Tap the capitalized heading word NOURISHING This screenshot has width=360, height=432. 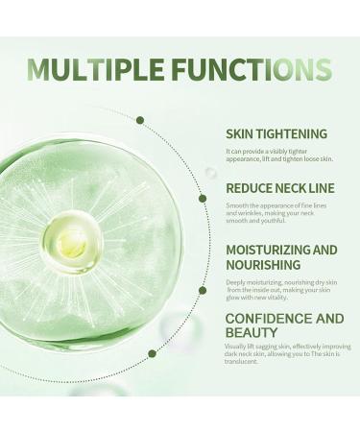[x=263, y=264]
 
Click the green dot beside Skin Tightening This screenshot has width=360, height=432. [x=140, y=120]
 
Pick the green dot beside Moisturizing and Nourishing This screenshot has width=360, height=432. [x=203, y=290]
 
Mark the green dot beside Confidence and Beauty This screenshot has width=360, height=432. [x=152, y=353]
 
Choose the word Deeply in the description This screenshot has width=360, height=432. [x=237, y=282]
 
